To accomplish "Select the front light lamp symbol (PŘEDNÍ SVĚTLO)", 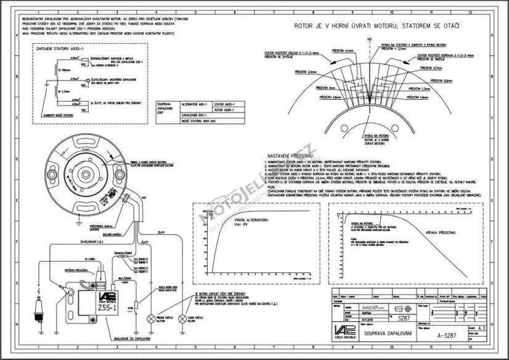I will pos(150,319).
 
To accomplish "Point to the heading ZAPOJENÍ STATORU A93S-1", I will pos(60,47).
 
